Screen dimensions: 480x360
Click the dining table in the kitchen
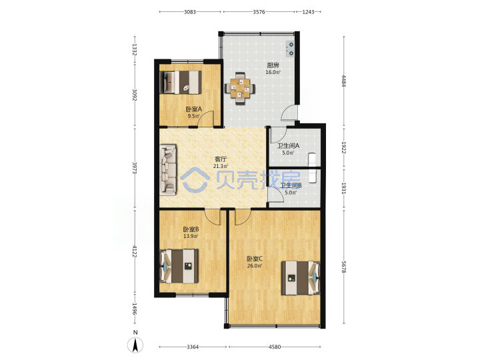(x=241, y=89)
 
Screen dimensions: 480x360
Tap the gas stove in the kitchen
(x=290, y=49)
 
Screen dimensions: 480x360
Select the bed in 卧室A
(x=181, y=83)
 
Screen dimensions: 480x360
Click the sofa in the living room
(x=168, y=169)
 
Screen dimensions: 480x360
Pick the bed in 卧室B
(x=179, y=266)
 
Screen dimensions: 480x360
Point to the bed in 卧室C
(x=301, y=278)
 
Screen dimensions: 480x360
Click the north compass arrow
(x=135, y=345)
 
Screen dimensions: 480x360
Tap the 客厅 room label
(x=221, y=159)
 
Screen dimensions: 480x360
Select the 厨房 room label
(x=273, y=65)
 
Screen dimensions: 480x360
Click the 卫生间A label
(x=288, y=146)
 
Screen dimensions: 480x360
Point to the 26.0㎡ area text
(x=255, y=266)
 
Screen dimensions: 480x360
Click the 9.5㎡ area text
(x=193, y=116)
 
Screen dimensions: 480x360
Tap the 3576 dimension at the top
(x=259, y=12)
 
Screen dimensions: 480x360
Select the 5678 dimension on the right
(x=344, y=267)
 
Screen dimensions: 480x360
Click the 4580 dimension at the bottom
(x=275, y=347)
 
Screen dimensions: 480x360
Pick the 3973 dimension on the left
(x=134, y=168)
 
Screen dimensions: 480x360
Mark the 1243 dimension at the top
(x=308, y=12)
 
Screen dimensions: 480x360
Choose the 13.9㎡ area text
(x=191, y=236)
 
